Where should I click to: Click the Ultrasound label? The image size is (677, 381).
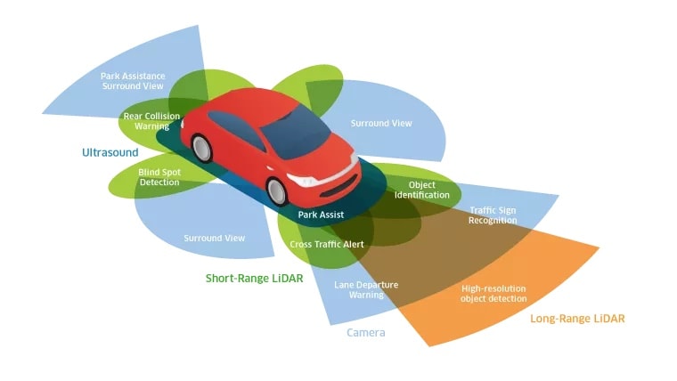[110, 153]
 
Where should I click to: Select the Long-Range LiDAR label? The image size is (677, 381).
[577, 319]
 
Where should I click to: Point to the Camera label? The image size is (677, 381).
[365, 333]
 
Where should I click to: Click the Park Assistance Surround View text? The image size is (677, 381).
[132, 81]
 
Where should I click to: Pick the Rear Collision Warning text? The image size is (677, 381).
[151, 121]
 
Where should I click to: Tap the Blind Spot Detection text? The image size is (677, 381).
[159, 176]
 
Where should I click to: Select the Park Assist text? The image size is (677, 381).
[321, 215]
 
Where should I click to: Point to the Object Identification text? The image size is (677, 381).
[422, 190]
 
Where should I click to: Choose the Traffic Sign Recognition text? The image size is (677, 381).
[493, 215]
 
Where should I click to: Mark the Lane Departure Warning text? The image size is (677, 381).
[366, 289]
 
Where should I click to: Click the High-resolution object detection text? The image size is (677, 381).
[493, 293]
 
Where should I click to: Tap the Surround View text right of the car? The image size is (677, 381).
[381, 123]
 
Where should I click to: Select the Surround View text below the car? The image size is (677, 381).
[214, 239]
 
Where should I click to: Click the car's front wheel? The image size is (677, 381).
[279, 190]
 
